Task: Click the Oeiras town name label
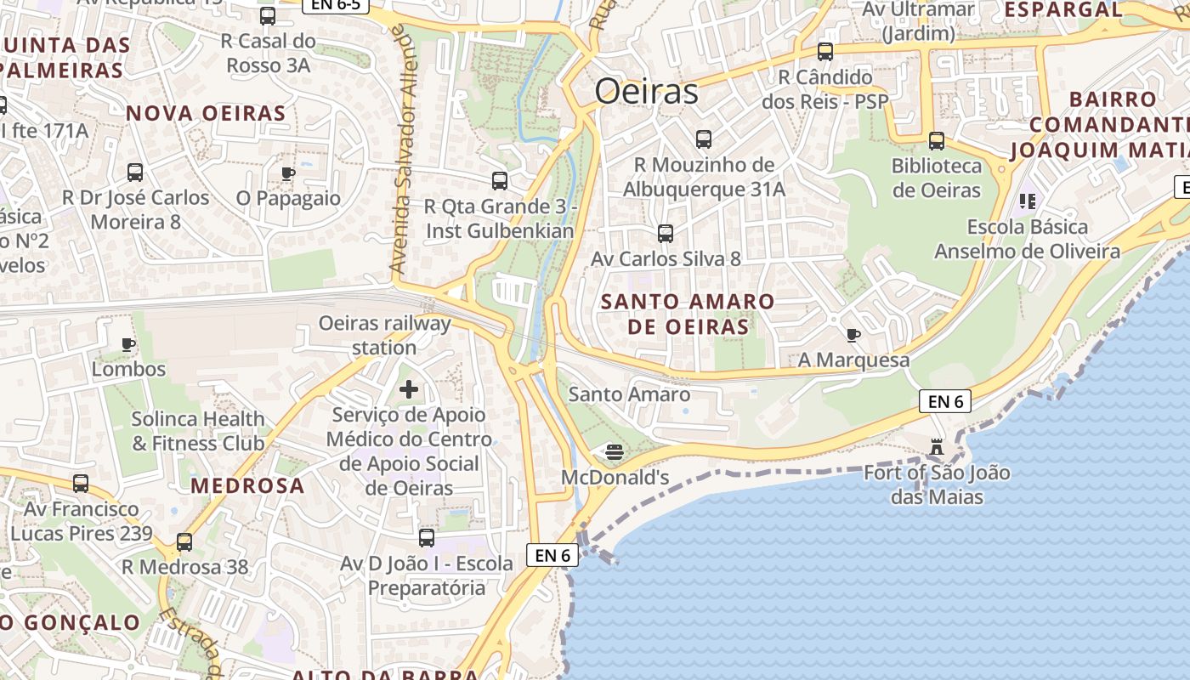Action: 646,91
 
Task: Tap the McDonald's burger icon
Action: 615,450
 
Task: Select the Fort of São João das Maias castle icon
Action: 937,445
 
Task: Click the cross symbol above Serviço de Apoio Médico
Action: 409,389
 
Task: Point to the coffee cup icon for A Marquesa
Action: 853,335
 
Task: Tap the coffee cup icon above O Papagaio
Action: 288,173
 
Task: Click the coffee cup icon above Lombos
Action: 128,344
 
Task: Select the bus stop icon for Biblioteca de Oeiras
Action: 936,141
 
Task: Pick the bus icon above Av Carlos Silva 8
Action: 666,233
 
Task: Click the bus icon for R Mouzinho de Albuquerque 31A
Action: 703,139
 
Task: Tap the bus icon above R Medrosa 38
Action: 184,542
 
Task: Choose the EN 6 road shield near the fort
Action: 945,401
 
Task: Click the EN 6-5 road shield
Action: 336,5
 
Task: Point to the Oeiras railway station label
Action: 384,335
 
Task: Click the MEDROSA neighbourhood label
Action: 247,485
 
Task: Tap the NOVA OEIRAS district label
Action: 206,113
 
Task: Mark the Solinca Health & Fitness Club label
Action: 198,431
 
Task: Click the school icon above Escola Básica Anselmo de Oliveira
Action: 1027,201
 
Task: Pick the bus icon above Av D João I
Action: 427,538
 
